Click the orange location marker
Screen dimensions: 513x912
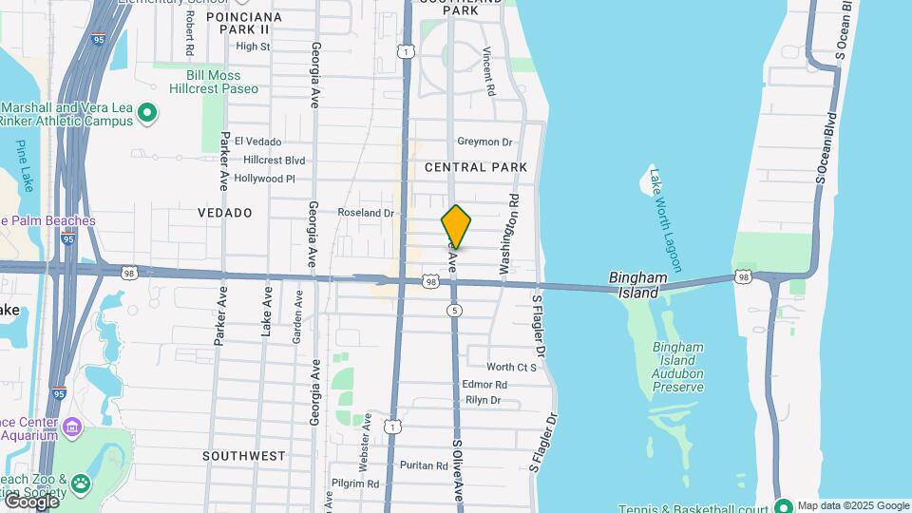(x=456, y=226)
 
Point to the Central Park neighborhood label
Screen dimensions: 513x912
(x=475, y=167)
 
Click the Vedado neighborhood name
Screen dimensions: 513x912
(x=225, y=213)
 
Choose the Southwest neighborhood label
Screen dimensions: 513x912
(x=244, y=456)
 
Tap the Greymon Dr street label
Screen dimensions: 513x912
(x=484, y=142)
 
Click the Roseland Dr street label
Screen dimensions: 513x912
(x=366, y=214)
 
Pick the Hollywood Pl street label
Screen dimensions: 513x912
(x=265, y=179)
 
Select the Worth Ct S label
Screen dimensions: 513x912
(x=512, y=367)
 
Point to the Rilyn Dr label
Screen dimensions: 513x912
(x=483, y=400)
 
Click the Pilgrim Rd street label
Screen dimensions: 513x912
(x=355, y=484)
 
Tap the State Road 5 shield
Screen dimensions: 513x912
(x=456, y=311)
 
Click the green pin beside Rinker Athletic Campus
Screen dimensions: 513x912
(x=147, y=114)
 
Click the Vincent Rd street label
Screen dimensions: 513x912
(x=489, y=72)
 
